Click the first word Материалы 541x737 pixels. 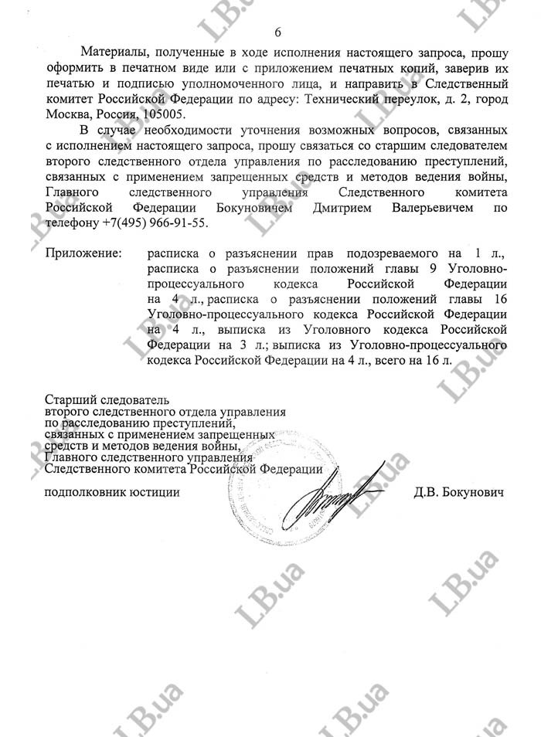114,53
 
